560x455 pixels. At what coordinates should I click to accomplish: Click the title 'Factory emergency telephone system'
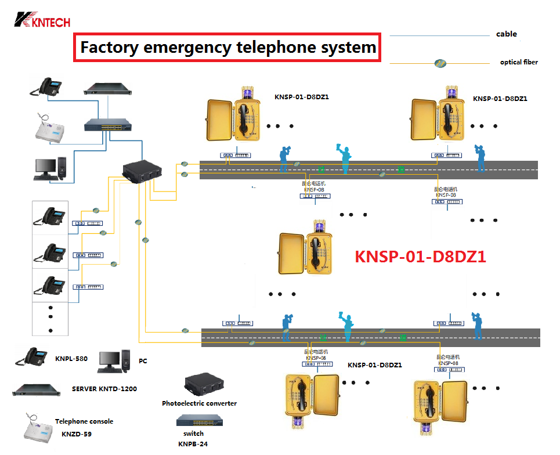point(228,47)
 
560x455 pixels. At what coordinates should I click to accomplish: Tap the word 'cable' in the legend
point(506,34)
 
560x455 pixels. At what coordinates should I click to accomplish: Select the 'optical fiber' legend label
point(519,62)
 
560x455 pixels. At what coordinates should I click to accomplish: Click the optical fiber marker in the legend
point(440,63)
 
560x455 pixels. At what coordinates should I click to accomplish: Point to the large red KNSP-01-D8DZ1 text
point(420,257)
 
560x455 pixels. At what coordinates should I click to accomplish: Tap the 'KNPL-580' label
point(71,359)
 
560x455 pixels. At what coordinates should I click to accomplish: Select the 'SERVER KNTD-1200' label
point(104,389)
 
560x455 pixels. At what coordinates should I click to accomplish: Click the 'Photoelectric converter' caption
point(199,403)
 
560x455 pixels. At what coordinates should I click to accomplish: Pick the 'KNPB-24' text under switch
point(193,444)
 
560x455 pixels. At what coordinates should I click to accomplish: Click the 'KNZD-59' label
point(77,434)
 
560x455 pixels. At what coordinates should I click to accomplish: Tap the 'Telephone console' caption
point(84,421)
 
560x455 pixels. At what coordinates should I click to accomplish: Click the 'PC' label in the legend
point(143,361)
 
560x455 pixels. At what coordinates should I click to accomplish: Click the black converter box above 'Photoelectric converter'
point(204,384)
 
